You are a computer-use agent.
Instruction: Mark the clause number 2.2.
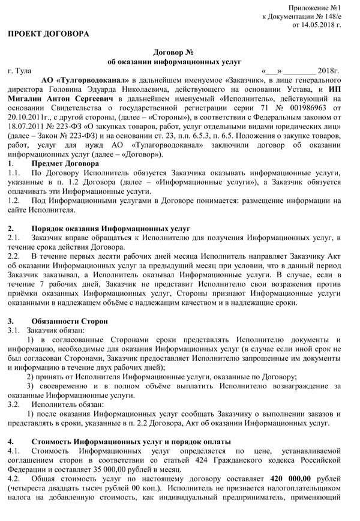(x=13, y=257)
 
